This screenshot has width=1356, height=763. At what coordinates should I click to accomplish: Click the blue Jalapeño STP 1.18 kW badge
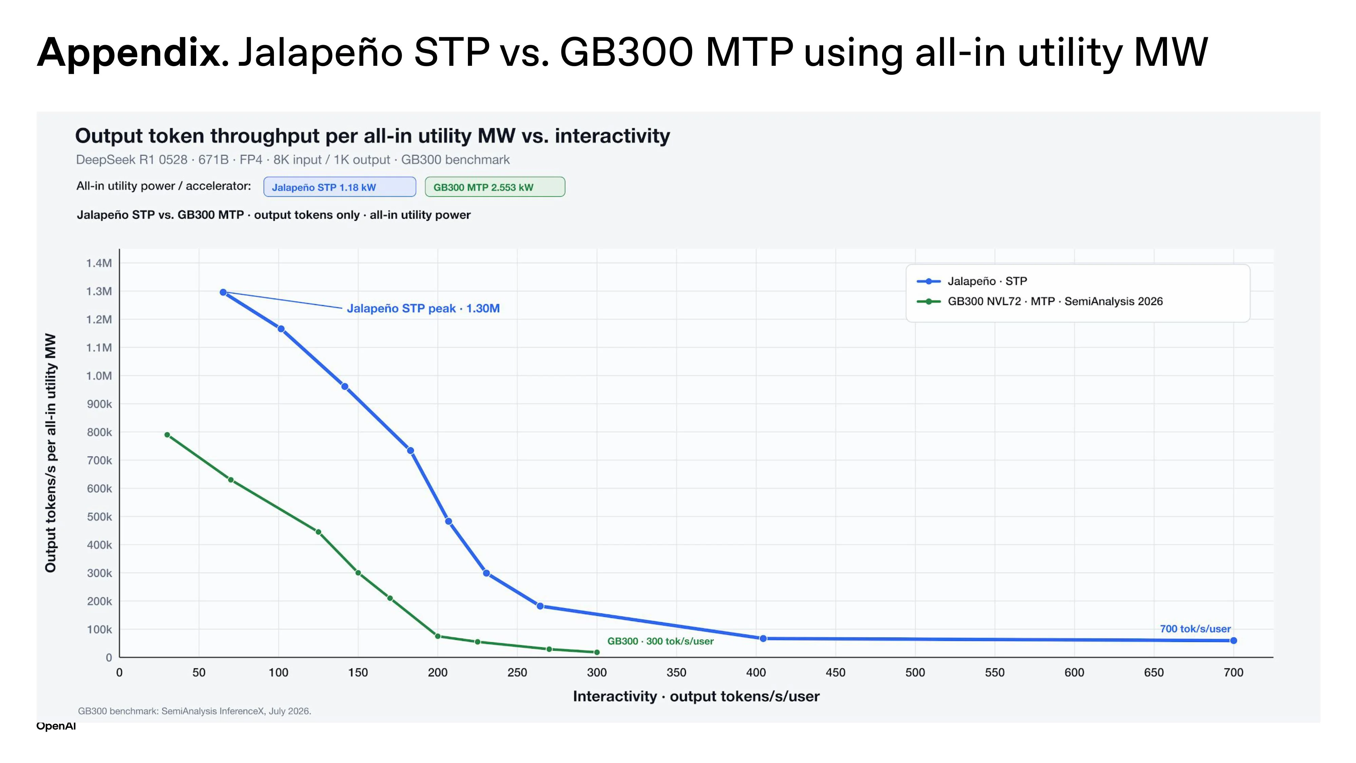pos(340,187)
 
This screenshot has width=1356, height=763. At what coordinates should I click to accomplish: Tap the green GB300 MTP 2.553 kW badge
pos(495,187)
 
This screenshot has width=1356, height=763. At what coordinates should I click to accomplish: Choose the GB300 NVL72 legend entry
pos(1040,301)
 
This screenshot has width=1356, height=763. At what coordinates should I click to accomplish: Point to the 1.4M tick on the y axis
pos(99,263)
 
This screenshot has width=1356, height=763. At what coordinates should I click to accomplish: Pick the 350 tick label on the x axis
pos(676,672)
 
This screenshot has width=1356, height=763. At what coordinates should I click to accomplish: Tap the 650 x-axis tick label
pos(1154,672)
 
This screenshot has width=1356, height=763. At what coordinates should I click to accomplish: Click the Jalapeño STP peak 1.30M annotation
pos(423,308)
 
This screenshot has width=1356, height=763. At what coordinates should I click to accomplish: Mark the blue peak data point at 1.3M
pos(223,292)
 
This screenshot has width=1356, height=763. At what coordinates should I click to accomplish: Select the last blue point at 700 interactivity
pos(1233,640)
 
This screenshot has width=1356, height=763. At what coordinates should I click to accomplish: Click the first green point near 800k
pos(167,435)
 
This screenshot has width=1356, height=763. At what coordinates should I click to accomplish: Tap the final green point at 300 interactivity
pos(597,652)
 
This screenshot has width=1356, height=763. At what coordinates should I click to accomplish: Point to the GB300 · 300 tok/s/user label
pos(661,641)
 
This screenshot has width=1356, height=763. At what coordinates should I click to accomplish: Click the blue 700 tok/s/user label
pos(1195,629)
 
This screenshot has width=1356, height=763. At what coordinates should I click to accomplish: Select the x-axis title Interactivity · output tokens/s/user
pos(696,696)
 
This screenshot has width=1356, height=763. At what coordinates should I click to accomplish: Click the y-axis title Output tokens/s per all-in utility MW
pos(51,452)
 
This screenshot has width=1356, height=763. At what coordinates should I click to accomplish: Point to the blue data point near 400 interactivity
pos(763,638)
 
